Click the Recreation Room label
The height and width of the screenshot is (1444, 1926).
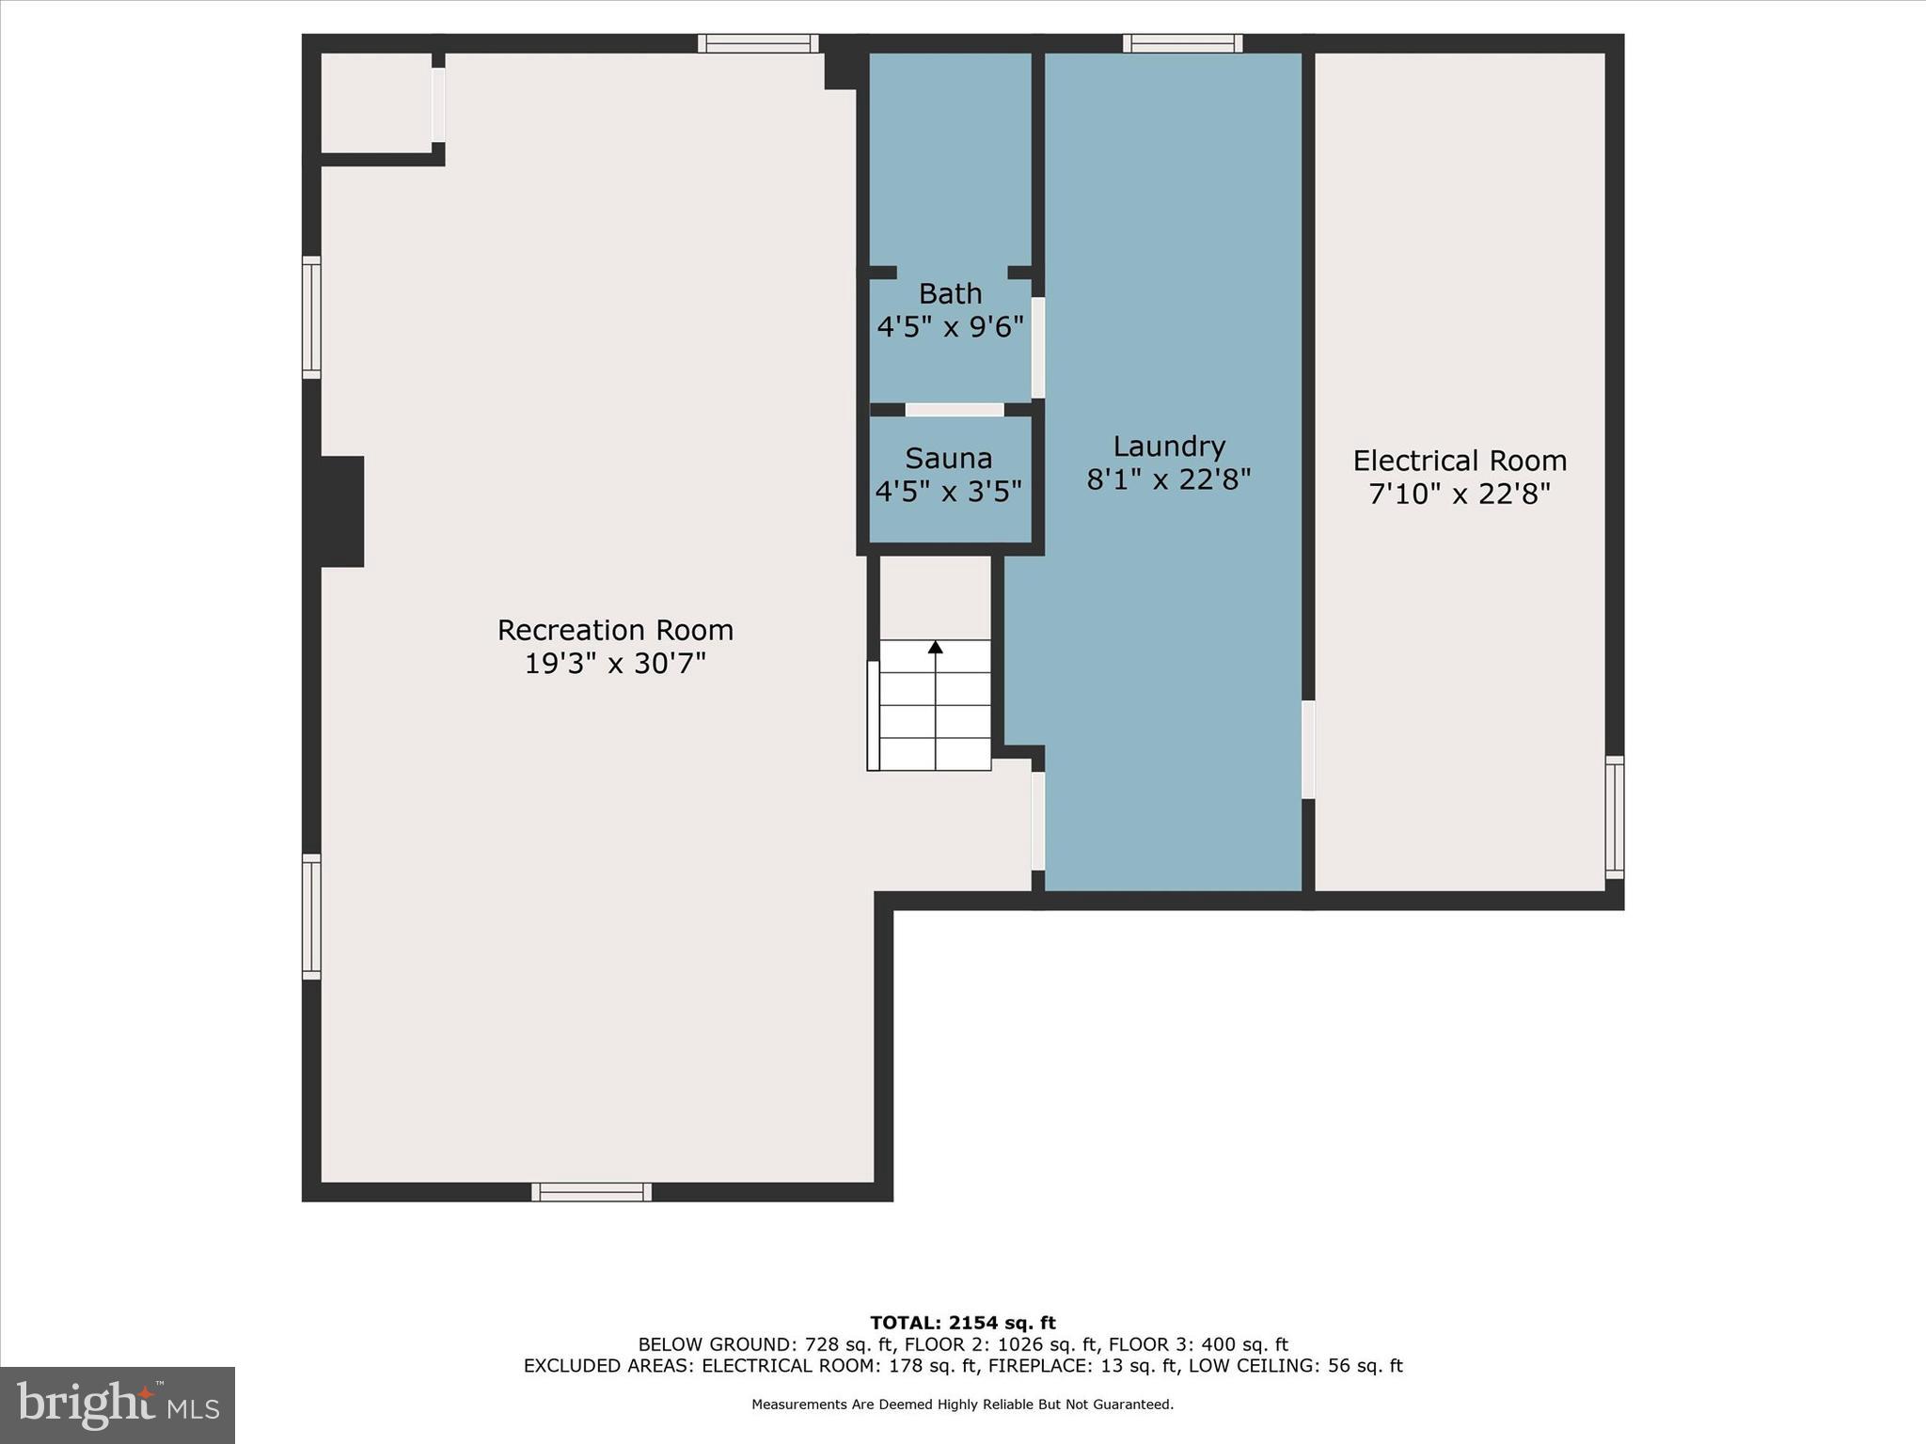tap(615, 630)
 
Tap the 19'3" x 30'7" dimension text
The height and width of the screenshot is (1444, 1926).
tap(615, 664)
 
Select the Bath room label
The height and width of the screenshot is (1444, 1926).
tap(950, 293)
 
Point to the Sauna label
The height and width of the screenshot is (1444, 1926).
tap(949, 459)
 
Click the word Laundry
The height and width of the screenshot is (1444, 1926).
tap(1169, 447)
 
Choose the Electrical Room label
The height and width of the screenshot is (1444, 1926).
tap(1460, 461)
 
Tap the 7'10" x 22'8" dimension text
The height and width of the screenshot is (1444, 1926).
tap(1460, 494)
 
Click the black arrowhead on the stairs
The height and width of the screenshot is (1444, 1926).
tap(935, 647)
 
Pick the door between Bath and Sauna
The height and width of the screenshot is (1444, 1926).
tap(955, 410)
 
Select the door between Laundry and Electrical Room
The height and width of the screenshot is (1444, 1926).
tap(1308, 749)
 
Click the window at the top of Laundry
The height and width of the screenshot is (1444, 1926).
tap(1183, 43)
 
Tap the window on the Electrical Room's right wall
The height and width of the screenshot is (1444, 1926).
tap(1615, 818)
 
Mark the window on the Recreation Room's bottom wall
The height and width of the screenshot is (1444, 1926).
tap(592, 1192)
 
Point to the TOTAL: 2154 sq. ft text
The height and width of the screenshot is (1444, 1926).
tap(963, 1323)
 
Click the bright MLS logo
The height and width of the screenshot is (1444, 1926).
tap(118, 1405)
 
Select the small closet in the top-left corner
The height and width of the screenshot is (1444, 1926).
tap(376, 102)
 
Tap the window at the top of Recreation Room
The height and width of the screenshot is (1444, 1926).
tap(758, 43)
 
